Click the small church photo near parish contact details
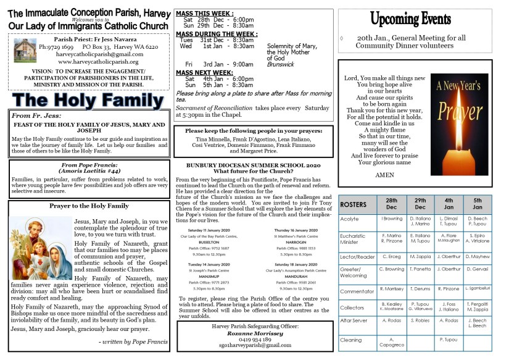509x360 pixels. pos(22,50)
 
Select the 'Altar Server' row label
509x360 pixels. pos(354,320)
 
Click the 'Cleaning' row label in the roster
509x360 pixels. pos(351,340)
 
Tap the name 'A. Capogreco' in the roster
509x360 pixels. pos(391,343)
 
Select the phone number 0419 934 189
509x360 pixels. pos(253,339)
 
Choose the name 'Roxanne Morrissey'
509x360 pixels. pos(253,332)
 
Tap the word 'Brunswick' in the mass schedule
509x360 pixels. pos(279,64)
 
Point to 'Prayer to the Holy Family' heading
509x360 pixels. pos(89,206)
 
